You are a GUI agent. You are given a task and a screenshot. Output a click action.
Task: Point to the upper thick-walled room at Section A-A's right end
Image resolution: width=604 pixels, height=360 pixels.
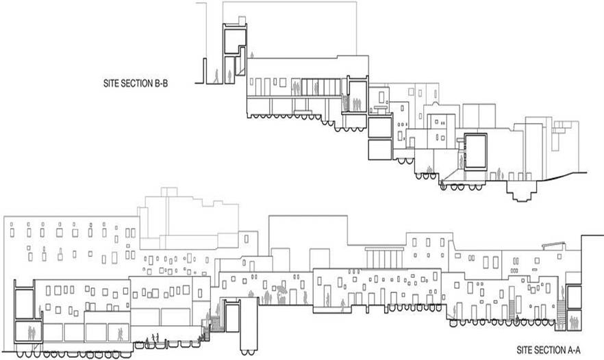573,296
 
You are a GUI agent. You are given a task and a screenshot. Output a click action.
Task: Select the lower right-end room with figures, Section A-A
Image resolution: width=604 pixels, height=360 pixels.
573,318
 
